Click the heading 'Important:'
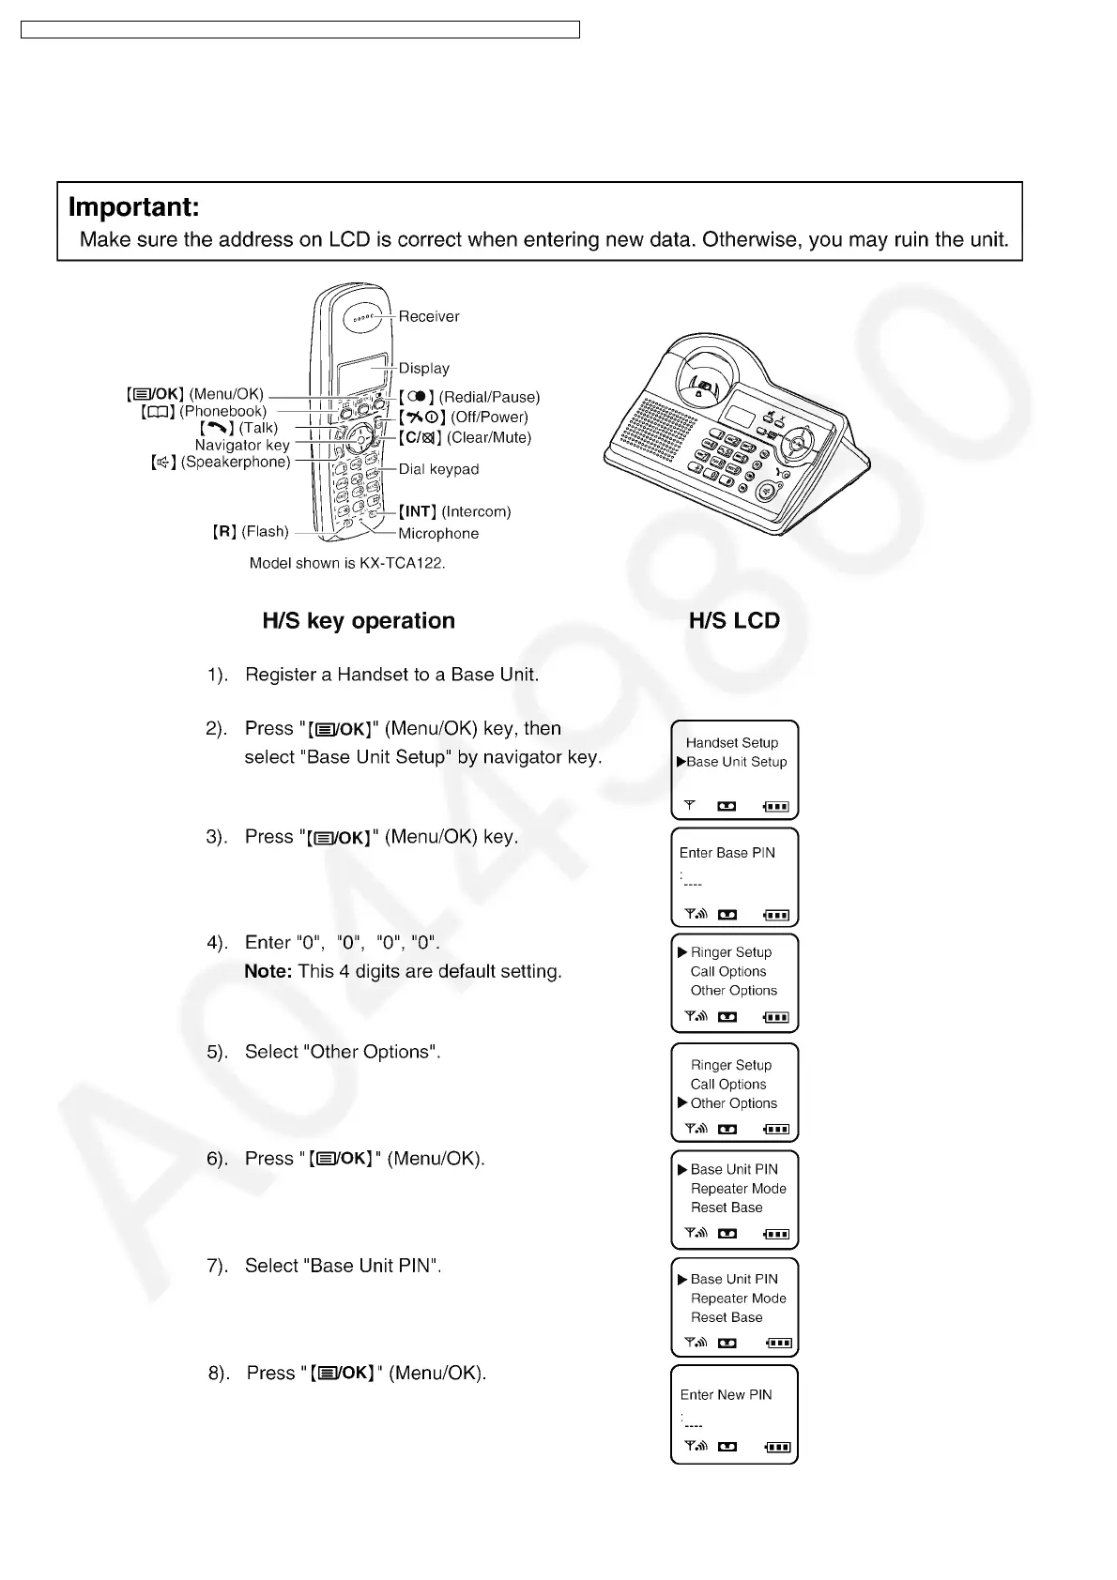click(x=133, y=207)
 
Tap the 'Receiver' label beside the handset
click(x=429, y=317)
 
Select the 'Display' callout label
click(x=423, y=369)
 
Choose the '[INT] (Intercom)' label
click(x=455, y=511)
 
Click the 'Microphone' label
click(x=438, y=534)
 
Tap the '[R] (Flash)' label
click(x=251, y=532)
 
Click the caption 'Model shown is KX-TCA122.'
click(x=347, y=563)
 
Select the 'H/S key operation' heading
click(x=359, y=621)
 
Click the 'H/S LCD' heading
click(x=734, y=621)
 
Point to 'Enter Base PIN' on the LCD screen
click(x=727, y=853)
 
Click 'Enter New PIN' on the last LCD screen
click(x=726, y=1395)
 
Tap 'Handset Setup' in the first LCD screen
click(x=732, y=742)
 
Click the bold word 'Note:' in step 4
click(x=268, y=972)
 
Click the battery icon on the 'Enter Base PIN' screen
click(x=776, y=915)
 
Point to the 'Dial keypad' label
click(x=438, y=469)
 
